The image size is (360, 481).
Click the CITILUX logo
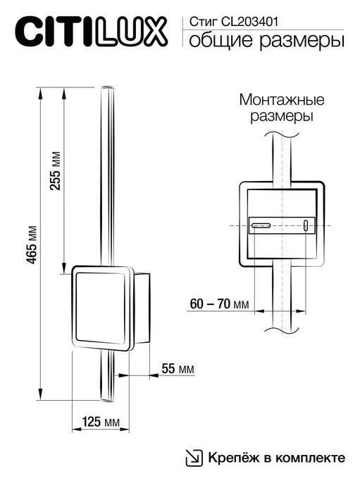[92, 32]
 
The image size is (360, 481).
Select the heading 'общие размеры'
[267, 42]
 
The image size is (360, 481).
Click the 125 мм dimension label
[101, 423]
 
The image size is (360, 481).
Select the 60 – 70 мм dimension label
[220, 304]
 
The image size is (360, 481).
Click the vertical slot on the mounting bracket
[306, 225]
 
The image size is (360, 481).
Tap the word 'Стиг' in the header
[199, 21]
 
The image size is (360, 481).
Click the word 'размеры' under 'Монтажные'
[281, 116]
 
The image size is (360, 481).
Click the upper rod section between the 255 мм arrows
[108, 176]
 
